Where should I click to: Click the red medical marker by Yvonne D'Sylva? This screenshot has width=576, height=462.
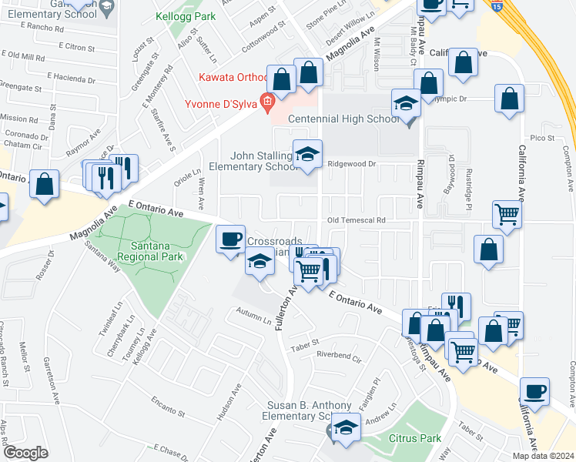[x=268, y=102]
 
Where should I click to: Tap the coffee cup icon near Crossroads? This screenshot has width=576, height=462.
[x=229, y=239]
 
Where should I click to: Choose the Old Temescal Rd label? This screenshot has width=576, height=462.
[x=356, y=220]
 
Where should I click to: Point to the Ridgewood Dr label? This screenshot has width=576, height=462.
[x=350, y=164]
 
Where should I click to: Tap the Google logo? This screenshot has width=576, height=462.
[x=25, y=453]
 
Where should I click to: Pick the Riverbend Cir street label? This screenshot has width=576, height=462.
[x=338, y=356]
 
